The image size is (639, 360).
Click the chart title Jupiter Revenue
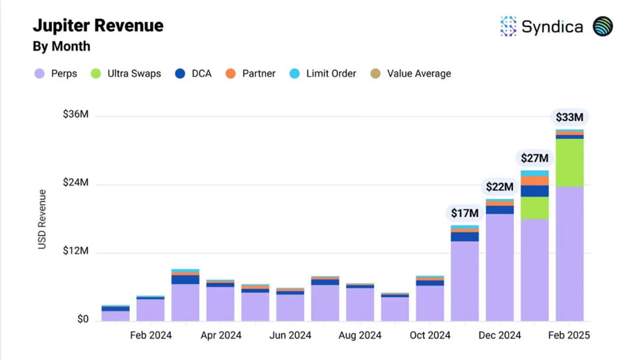click(x=98, y=26)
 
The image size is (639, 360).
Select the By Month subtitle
click(x=62, y=47)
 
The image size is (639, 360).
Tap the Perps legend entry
click(x=56, y=74)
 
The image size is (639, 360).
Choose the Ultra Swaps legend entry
click(x=126, y=74)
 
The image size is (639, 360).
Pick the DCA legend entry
click(x=193, y=74)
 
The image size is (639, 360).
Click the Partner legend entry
click(x=251, y=74)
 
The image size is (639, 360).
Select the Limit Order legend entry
click(x=323, y=74)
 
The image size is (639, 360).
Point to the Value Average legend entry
click(x=411, y=74)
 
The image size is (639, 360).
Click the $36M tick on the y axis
click(x=75, y=114)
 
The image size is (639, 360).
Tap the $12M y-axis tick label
click(x=75, y=251)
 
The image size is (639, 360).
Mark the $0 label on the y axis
click(x=82, y=319)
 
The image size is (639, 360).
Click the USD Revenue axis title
click(x=42, y=220)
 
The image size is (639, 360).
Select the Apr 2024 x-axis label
click(x=221, y=335)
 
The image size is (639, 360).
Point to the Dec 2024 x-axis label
click(x=499, y=335)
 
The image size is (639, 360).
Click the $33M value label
click(x=570, y=118)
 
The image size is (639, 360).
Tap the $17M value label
click(x=464, y=213)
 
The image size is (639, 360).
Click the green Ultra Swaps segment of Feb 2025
click(x=570, y=162)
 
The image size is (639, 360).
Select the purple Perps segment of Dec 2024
click(x=499, y=268)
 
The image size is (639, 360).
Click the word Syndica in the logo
click(x=552, y=27)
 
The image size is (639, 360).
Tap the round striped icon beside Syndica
click(x=603, y=27)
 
